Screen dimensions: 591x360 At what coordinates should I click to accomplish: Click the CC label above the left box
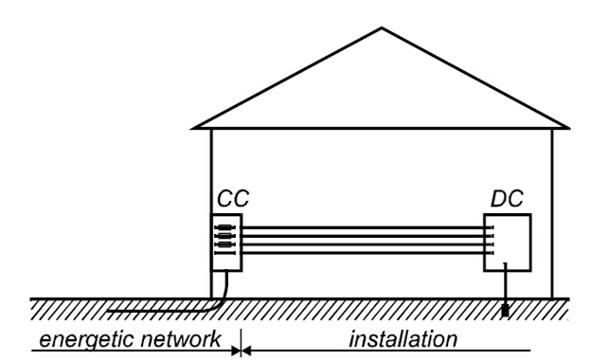coord(233,198)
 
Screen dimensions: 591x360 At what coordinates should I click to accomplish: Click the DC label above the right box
coord(507,198)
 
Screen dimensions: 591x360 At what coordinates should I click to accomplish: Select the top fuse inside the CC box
coord(225,227)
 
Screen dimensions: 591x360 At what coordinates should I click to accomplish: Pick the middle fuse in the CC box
coord(225,236)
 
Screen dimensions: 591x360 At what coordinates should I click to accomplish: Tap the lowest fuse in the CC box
coord(225,244)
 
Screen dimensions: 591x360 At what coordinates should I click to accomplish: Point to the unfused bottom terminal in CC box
coord(225,253)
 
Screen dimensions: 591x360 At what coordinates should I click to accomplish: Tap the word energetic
coord(87,340)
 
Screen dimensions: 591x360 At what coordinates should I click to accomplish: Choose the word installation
coord(403,338)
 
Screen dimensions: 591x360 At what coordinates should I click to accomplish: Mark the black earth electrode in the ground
coord(505,311)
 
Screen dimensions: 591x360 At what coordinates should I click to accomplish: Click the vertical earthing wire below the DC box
coord(505,283)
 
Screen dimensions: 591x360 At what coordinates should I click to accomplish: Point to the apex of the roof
coord(382,27)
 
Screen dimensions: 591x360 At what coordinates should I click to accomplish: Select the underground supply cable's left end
coord(107,312)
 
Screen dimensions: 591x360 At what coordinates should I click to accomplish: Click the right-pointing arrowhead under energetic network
coord(237,351)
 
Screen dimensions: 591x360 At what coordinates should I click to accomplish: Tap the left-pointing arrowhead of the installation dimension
coord(246,351)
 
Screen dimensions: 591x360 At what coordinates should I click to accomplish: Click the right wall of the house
coord(552,214)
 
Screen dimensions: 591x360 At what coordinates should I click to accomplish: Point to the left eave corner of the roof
coord(193,128)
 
